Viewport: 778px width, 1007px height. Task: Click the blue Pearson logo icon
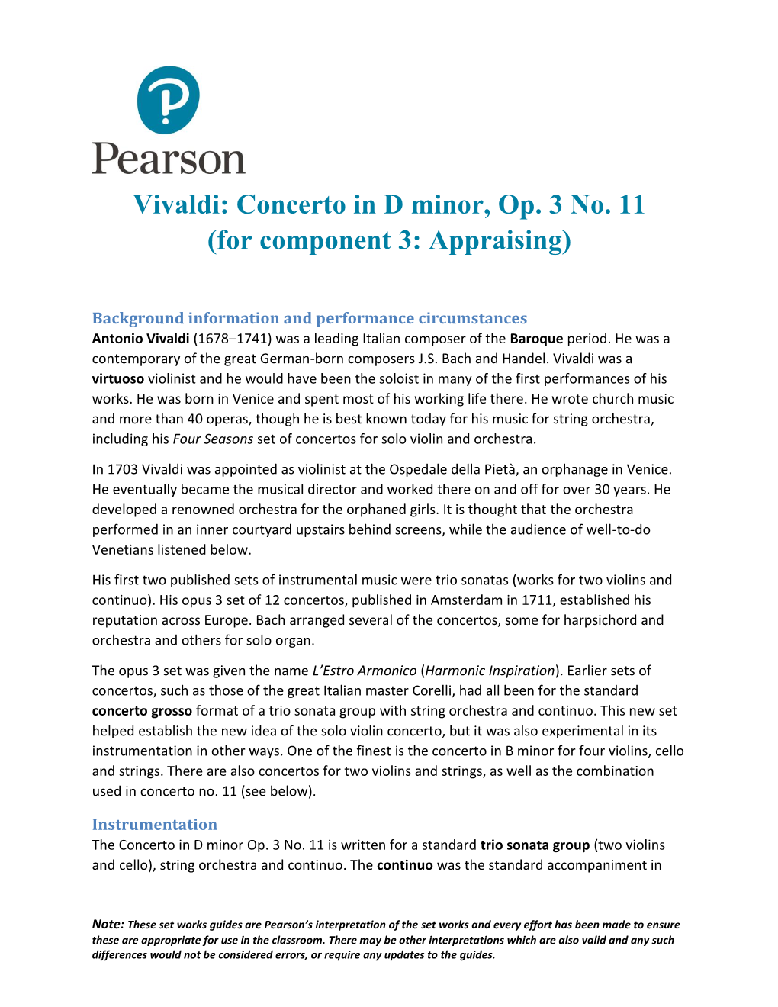point(168,99)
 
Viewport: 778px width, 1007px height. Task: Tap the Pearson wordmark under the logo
point(169,158)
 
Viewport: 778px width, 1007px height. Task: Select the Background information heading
point(309,318)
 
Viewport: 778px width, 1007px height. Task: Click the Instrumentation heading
point(154,825)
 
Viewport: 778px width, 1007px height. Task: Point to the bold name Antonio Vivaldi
point(140,339)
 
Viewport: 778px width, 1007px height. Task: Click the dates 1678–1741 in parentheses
point(232,339)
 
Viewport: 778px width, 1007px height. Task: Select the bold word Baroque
point(536,339)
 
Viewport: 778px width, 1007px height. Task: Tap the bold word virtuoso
point(117,379)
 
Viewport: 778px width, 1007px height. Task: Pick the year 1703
point(123,470)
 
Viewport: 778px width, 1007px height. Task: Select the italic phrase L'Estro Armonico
point(364,671)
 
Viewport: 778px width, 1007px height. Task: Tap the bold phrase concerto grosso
point(142,711)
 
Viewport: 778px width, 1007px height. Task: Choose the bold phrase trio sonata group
point(535,845)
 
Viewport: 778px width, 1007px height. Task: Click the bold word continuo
point(404,865)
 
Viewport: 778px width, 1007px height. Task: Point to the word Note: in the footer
point(108,925)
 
